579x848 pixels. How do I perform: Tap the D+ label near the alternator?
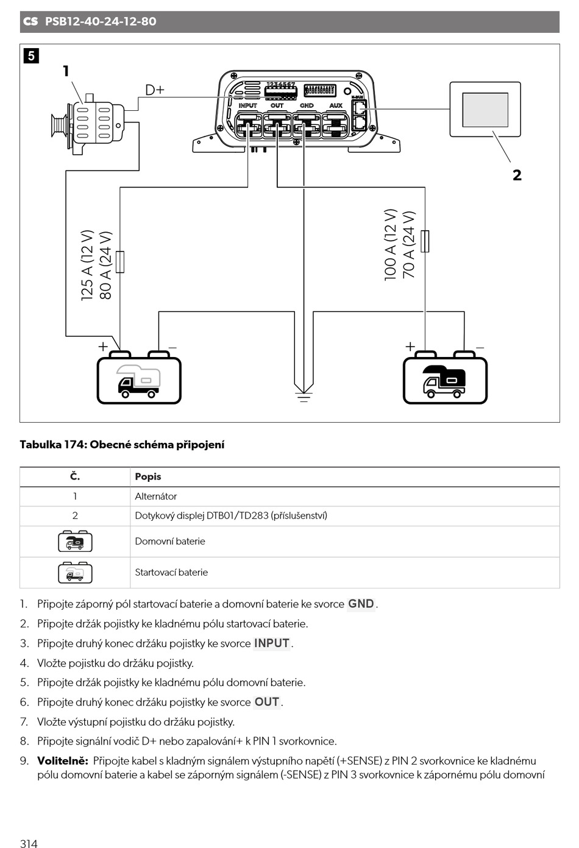[155, 90]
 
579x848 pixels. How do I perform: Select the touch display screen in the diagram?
[485, 110]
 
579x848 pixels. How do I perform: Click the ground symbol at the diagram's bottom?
[304, 396]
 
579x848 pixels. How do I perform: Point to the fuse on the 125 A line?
[120, 261]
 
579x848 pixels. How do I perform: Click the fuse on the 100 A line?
[425, 241]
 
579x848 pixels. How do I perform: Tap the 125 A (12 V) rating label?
[87, 265]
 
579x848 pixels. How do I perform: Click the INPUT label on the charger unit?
[247, 105]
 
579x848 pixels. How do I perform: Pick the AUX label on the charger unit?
[336, 105]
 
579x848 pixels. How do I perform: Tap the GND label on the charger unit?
[307, 105]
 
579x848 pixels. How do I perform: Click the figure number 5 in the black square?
[31, 56]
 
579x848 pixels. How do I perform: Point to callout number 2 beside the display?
[517, 175]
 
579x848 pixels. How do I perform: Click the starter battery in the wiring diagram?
[139, 378]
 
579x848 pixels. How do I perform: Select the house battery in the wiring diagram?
[445, 378]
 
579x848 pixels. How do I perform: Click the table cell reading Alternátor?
[155, 496]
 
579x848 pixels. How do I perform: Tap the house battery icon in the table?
[75, 541]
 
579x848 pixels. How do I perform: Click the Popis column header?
[147, 476]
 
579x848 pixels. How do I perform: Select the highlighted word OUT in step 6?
[267, 702]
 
